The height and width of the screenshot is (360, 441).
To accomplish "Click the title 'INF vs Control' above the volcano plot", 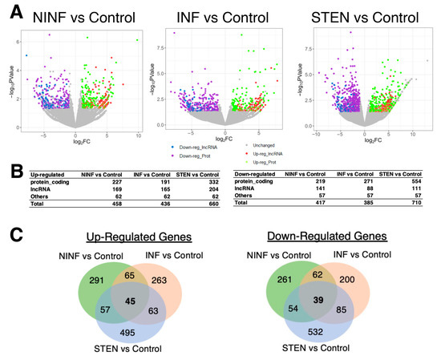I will tap(220, 17).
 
